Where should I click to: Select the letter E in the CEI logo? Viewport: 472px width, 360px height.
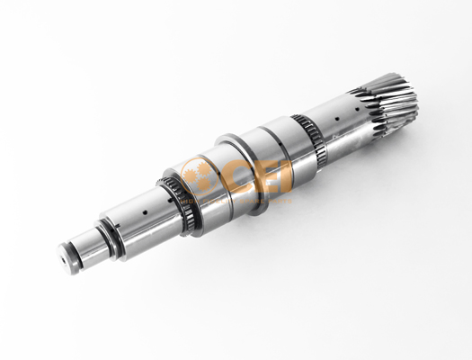[268, 176]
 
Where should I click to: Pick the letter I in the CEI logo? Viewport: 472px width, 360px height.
[287, 176]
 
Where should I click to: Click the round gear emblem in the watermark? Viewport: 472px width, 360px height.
[199, 175]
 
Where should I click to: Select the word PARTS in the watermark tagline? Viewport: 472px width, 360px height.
[280, 201]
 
